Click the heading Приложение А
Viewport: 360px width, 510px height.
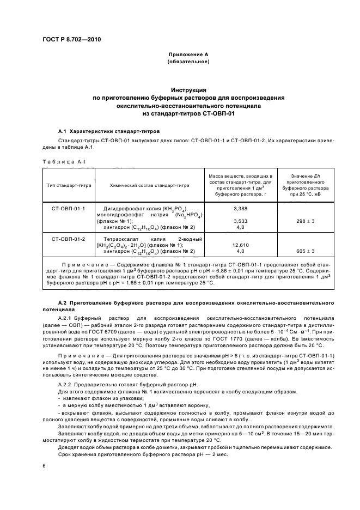tap(188, 55)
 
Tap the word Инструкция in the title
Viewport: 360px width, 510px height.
tap(188, 89)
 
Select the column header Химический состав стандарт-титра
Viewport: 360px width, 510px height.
tap(150, 185)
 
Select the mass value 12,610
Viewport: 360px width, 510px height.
tap(240, 245)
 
